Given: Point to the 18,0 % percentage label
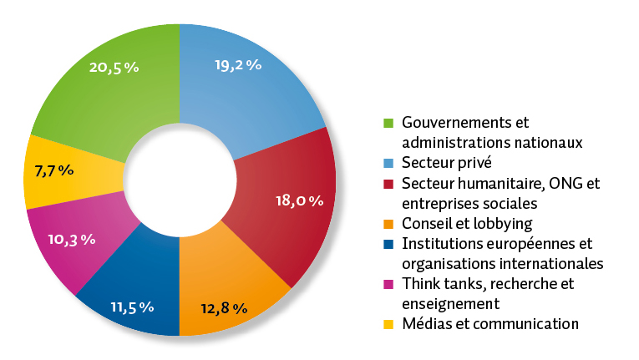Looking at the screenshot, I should pyautogui.click(x=298, y=200).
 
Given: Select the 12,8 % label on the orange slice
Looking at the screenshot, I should pyautogui.click(x=224, y=308).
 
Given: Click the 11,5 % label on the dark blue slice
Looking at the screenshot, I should pyautogui.click(x=132, y=307).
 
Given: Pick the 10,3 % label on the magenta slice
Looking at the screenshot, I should pyautogui.click(x=71, y=239).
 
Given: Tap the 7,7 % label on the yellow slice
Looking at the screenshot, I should pyautogui.click(x=54, y=171).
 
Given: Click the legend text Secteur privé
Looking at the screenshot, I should pyautogui.click(x=448, y=163).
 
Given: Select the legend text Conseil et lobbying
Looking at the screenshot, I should pyautogui.click(x=467, y=223).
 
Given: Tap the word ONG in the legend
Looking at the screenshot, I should pyautogui.click(x=571, y=183).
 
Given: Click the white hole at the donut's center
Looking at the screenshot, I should pyautogui.click(x=180, y=180).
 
